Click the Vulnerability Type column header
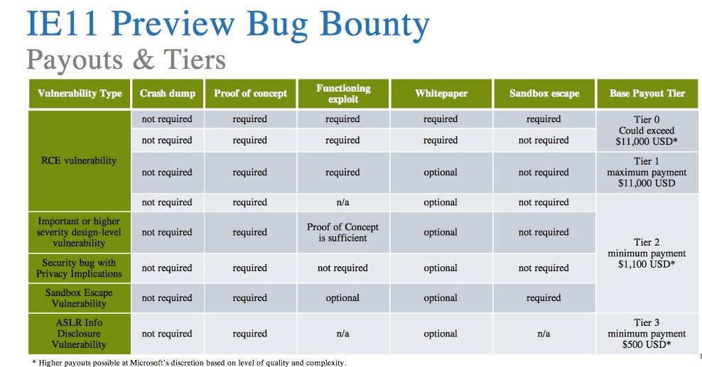pyautogui.click(x=80, y=94)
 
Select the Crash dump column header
pyautogui.click(x=168, y=94)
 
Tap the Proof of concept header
pyautogui.click(x=250, y=94)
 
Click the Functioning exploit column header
pyautogui.click(x=343, y=94)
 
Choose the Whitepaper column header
pyautogui.click(x=441, y=94)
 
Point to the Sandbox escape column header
pyautogui.click(x=544, y=94)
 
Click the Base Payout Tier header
pyautogui.click(x=647, y=94)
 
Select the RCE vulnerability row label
pyautogui.click(x=79, y=161)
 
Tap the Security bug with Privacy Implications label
pyautogui.click(x=79, y=268)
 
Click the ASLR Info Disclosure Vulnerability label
pyautogui.click(x=79, y=334)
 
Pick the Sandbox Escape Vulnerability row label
pyautogui.click(x=79, y=298)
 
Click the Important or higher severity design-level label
pyautogui.click(x=79, y=232)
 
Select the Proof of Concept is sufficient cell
pyautogui.click(x=342, y=232)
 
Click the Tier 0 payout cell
pyautogui.click(x=647, y=131)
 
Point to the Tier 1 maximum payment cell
pyautogui.click(x=647, y=172)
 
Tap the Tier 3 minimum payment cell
pyautogui.click(x=647, y=334)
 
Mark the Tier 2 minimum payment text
pyautogui.click(x=647, y=253)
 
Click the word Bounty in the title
pyautogui.click(x=374, y=25)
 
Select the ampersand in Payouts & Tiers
pyautogui.click(x=144, y=60)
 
